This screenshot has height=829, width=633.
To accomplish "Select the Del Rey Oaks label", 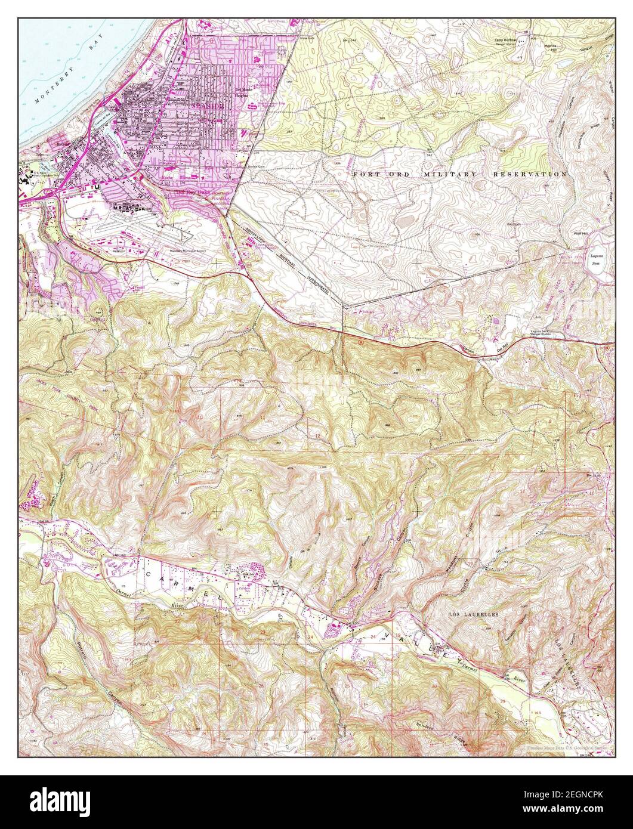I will click(x=187, y=193).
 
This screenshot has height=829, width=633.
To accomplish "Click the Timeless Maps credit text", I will click(x=567, y=747).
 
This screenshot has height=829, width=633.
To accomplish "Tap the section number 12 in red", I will click(x=317, y=437).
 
